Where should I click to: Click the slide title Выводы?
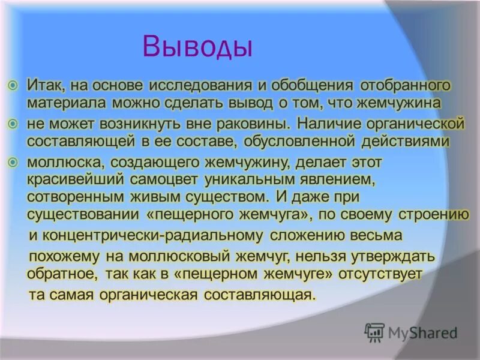[x=197, y=46]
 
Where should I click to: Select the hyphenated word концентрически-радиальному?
[x=153, y=235]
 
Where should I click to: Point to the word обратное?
[x=61, y=273]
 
